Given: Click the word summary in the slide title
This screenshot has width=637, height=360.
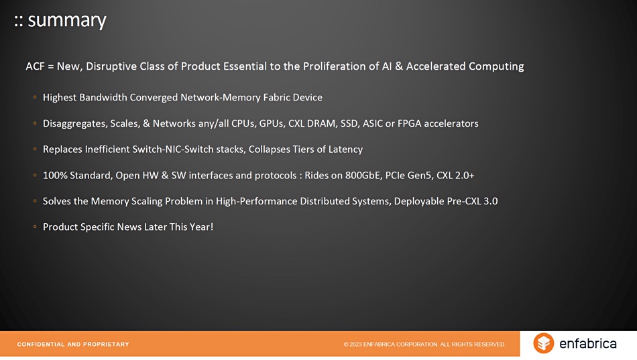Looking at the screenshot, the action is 67,21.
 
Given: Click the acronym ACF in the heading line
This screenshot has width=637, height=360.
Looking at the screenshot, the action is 35,66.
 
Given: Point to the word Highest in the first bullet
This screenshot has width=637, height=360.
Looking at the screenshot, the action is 60,97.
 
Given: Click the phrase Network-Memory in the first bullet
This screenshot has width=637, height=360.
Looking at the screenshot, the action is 220,97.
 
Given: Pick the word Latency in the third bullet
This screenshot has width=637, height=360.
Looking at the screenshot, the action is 345,149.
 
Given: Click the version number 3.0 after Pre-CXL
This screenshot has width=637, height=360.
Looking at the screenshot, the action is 490,201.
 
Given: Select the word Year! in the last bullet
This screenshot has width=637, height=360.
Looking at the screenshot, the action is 201,227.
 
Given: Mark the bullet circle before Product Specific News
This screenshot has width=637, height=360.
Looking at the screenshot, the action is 35,227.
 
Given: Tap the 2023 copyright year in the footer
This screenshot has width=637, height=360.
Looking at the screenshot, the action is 355,345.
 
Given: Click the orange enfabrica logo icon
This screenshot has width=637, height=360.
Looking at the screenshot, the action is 544,343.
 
